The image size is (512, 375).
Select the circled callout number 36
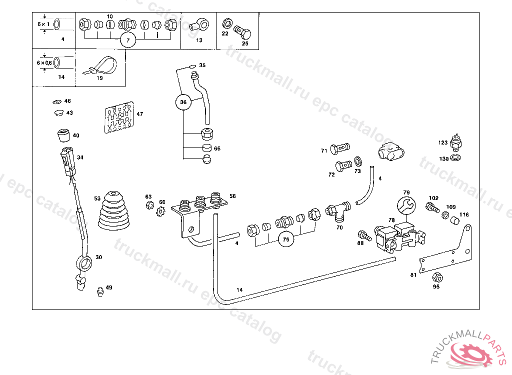pyautogui.click(x=183, y=102)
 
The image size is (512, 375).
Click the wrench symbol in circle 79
pyautogui.click(x=405, y=205)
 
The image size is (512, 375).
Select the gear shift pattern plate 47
pyautogui.click(x=119, y=118)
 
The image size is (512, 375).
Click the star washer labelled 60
pyautogui.click(x=161, y=212)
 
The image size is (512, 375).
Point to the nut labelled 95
pyautogui.click(x=436, y=277)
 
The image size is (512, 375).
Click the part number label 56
pyautogui.click(x=232, y=196)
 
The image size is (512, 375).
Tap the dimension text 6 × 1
pyautogui.click(x=44, y=24)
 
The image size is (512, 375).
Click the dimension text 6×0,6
pyautogui.click(x=44, y=62)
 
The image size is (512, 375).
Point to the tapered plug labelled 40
pyautogui.click(x=62, y=135)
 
